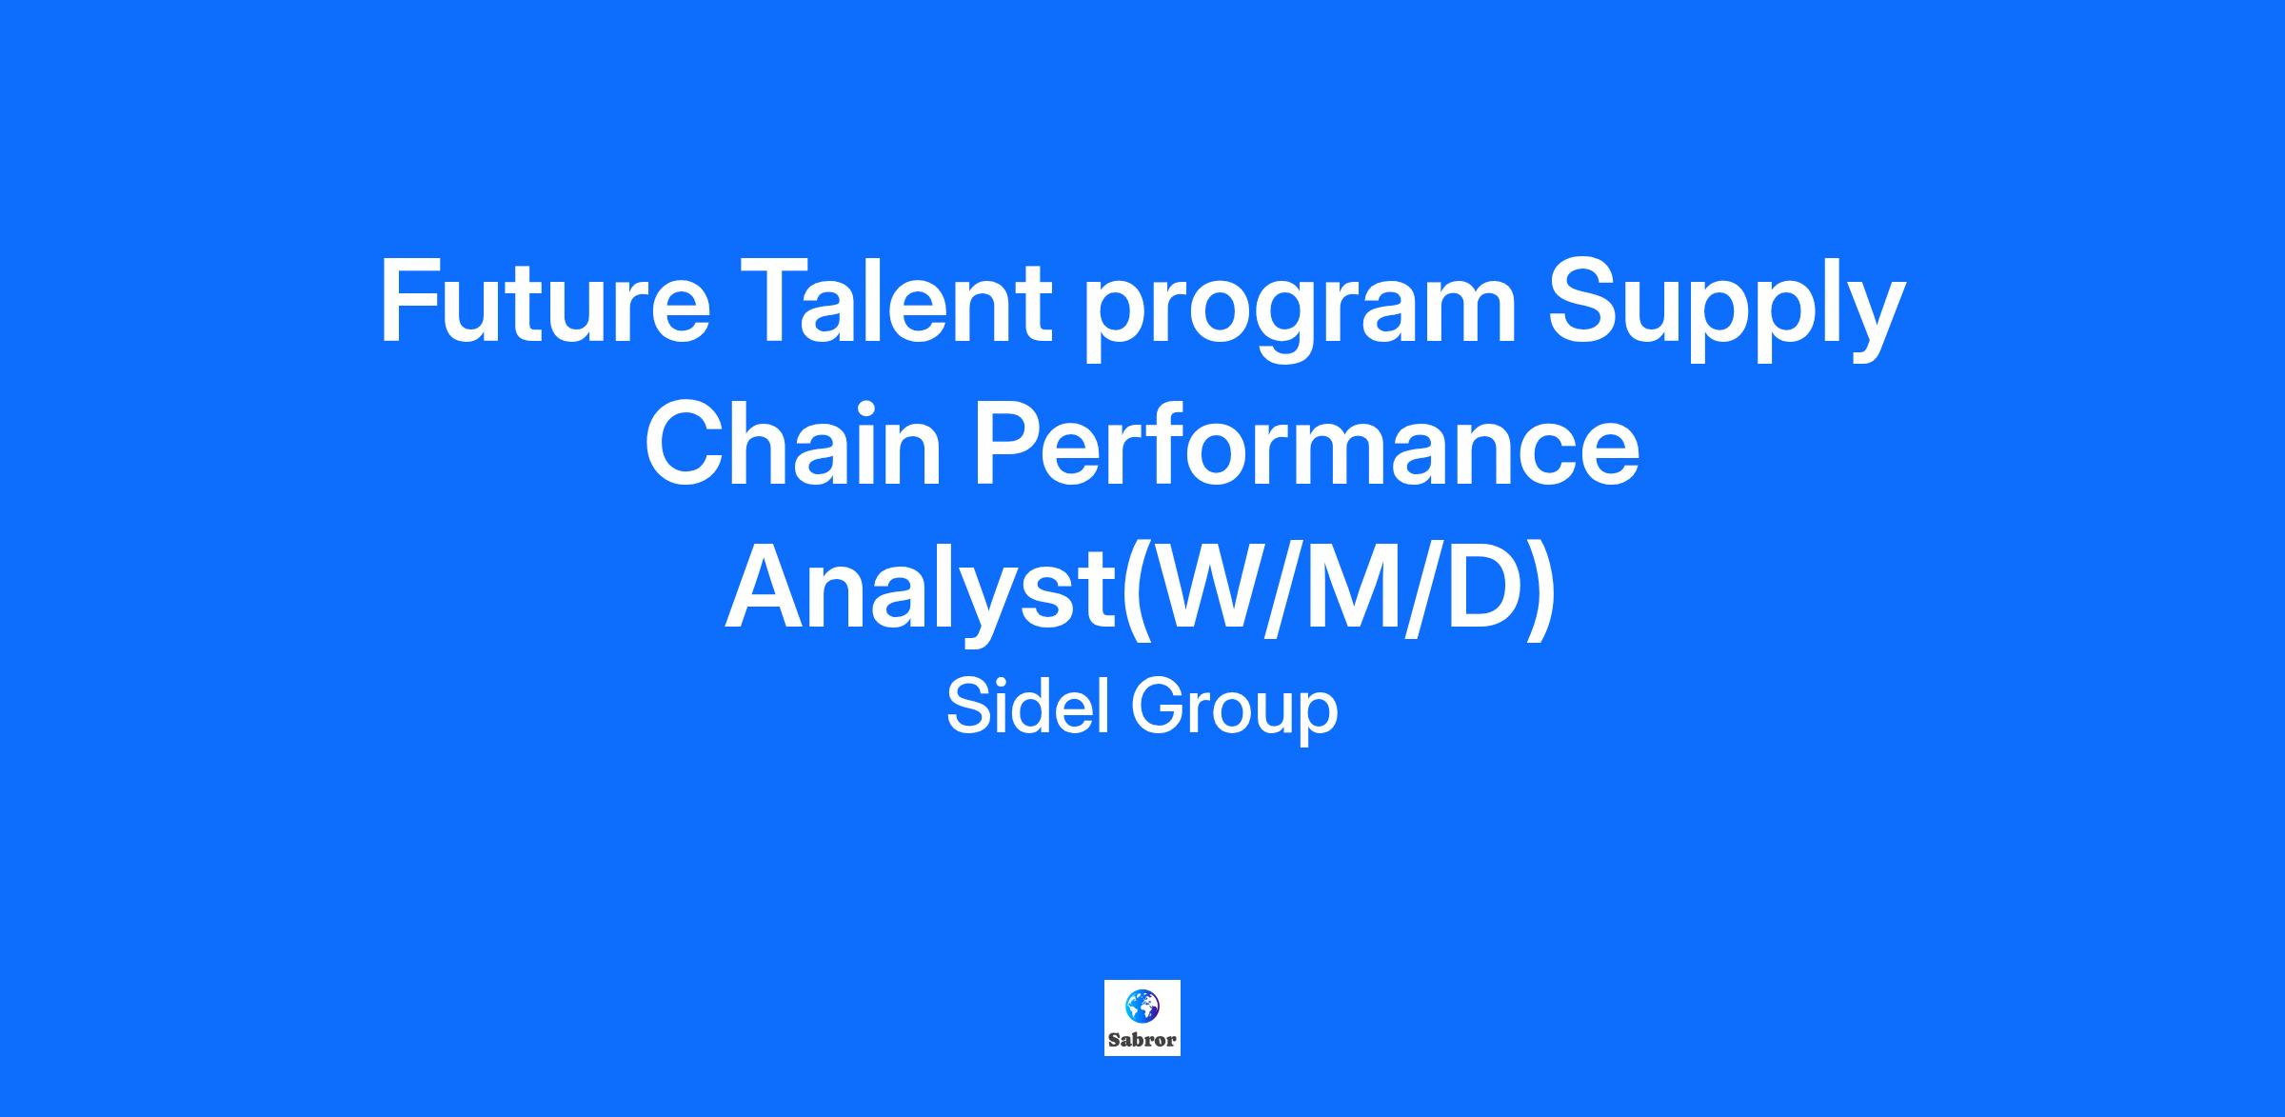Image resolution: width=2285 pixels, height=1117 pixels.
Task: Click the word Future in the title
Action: pos(545,303)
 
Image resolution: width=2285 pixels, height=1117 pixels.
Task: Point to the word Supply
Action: pos(1726,310)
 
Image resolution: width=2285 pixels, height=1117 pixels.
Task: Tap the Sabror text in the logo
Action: pos(1142,1040)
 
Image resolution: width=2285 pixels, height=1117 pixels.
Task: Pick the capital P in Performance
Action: pos(1007,445)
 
